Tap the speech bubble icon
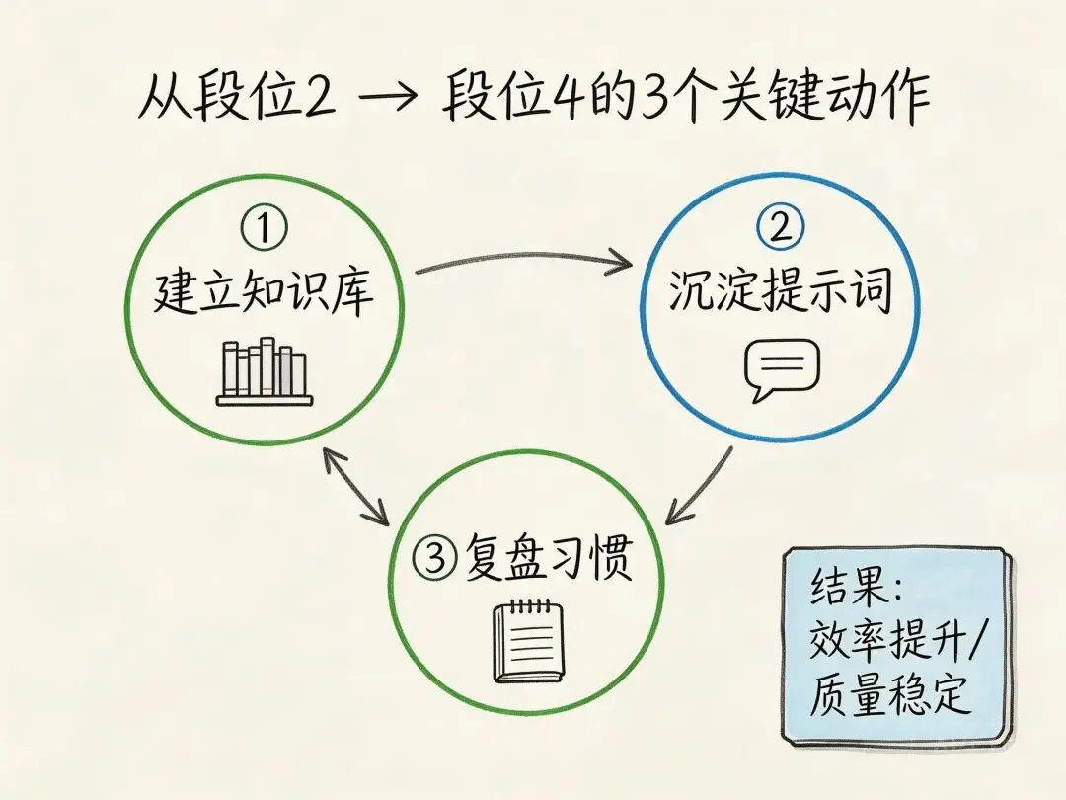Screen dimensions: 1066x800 [781, 369]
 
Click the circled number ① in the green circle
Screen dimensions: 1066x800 [264, 230]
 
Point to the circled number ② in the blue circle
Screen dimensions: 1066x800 [780, 229]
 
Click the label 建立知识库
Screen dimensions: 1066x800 [264, 293]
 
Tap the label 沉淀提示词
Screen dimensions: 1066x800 [780, 291]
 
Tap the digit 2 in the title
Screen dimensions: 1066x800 [317, 101]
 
